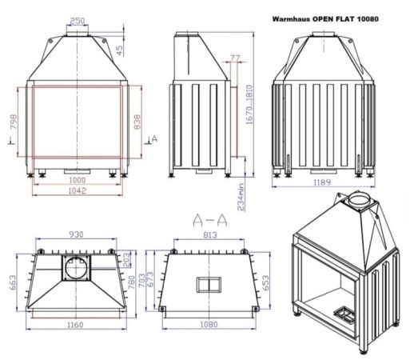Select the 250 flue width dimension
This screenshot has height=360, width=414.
(x=78, y=20)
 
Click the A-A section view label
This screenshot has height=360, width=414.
(x=210, y=218)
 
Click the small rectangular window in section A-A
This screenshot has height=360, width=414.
(x=211, y=283)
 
